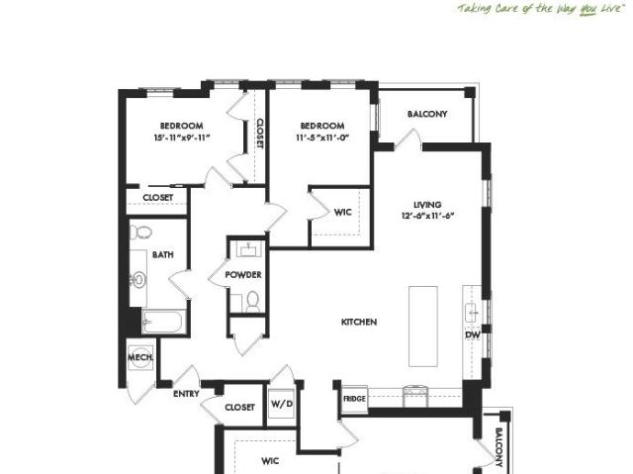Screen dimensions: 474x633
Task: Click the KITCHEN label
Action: click(358, 323)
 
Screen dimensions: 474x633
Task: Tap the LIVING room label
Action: click(427, 204)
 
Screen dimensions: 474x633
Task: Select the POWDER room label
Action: click(242, 275)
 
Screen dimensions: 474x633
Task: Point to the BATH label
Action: click(163, 254)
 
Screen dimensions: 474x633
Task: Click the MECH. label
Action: click(138, 357)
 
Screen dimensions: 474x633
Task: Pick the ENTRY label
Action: click(186, 394)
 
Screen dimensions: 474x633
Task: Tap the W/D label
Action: click(281, 405)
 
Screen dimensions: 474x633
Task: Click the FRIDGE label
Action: click(354, 399)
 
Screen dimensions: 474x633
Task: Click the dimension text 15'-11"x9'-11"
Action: click(182, 140)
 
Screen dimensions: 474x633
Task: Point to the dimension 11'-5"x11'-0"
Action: click(322, 140)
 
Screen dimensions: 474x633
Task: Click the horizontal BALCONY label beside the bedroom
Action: click(427, 114)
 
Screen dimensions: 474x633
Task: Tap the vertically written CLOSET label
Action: click(259, 134)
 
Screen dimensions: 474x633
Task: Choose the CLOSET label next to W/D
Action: click(239, 407)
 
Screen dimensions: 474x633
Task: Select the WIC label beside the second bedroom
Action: click(343, 212)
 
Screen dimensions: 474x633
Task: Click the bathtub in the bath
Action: click(163, 322)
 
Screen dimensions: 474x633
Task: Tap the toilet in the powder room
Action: click(252, 301)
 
